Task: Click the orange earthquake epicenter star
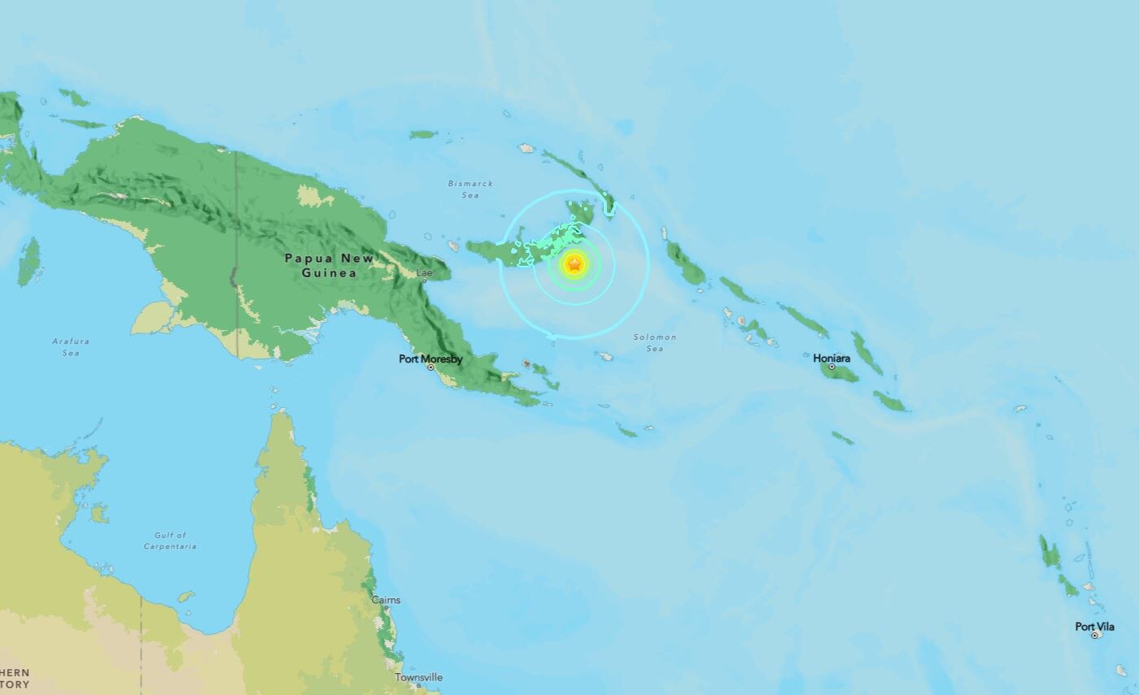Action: pyautogui.click(x=574, y=263)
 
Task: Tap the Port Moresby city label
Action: pyautogui.click(x=430, y=358)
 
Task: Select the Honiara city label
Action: pyautogui.click(x=831, y=358)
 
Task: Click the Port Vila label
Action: pyautogui.click(x=1094, y=627)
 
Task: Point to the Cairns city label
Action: pyautogui.click(x=386, y=600)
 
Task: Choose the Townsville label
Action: pyautogui.click(x=418, y=677)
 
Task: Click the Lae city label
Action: pyautogui.click(x=425, y=273)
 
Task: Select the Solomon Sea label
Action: pyautogui.click(x=655, y=342)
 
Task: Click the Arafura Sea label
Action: pyautogui.click(x=71, y=347)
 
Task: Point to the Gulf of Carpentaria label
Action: pyautogui.click(x=170, y=541)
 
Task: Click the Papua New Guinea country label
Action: pyautogui.click(x=329, y=265)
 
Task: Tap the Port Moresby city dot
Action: pyautogui.click(x=430, y=367)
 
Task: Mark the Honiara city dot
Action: pyautogui.click(x=831, y=367)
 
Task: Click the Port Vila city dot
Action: pyautogui.click(x=1094, y=636)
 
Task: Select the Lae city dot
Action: pyautogui.click(x=424, y=280)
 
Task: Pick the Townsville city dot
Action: pyautogui.click(x=418, y=685)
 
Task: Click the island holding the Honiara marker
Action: pyautogui.click(x=842, y=373)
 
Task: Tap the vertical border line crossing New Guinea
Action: pyautogui.click(x=236, y=244)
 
